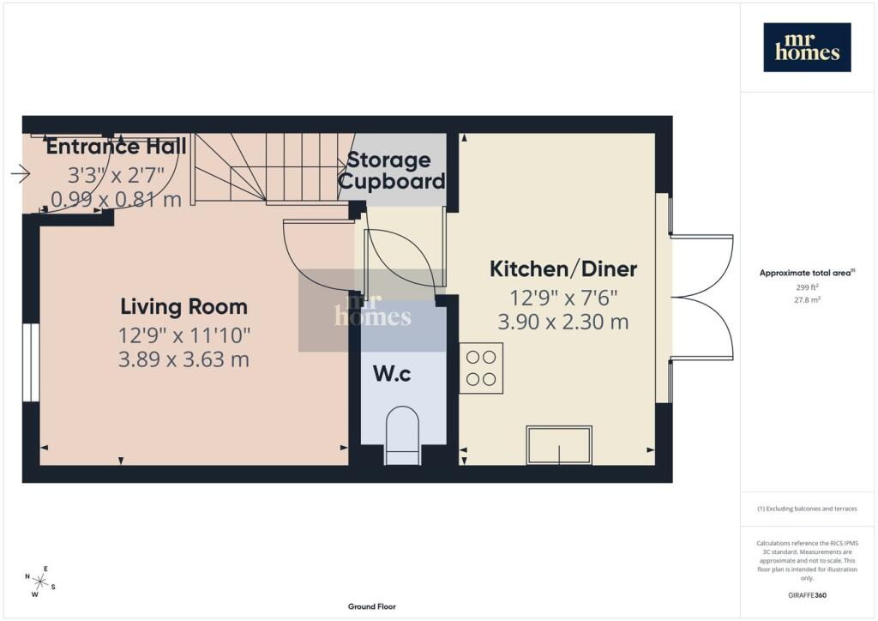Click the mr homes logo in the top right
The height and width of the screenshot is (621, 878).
click(807, 47)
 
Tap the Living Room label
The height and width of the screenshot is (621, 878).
click(183, 306)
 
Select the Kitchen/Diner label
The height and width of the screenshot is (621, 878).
click(563, 268)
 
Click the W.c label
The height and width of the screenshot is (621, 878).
click(392, 373)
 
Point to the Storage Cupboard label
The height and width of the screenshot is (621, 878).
click(391, 170)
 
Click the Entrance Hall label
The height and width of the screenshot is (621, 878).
click(116, 146)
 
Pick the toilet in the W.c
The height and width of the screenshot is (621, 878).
click(403, 435)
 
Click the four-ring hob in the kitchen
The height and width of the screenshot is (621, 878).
click(482, 368)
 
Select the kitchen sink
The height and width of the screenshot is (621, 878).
click(559, 445)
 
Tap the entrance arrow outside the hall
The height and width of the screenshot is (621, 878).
click(21, 173)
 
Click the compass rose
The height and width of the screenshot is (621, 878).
click(39, 582)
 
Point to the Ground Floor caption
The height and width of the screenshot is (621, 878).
click(372, 606)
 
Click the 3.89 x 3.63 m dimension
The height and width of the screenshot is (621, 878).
click(183, 359)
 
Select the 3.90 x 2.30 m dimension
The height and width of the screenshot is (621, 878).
click(563, 322)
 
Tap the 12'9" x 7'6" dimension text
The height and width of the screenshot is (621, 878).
click(563, 298)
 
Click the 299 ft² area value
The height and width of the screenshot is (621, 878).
click(807, 286)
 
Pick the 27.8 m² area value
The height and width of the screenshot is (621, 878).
click(807, 299)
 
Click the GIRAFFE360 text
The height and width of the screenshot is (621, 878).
click(807, 595)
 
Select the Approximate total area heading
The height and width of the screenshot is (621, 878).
click(807, 273)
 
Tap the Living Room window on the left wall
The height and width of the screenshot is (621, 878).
click(32, 362)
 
